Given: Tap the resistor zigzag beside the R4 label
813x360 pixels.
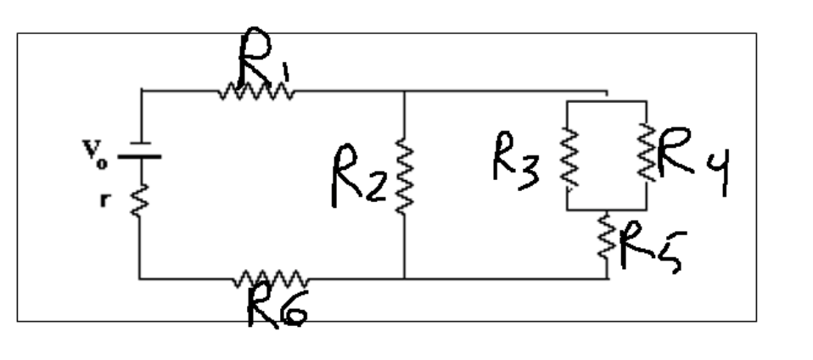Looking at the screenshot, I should pos(647,153).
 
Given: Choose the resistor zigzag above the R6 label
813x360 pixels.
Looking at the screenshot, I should pos(271,278).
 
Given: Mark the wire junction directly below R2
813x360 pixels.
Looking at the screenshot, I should pos(404,278).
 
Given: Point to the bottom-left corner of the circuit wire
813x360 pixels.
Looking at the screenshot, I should pos(140,278).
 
